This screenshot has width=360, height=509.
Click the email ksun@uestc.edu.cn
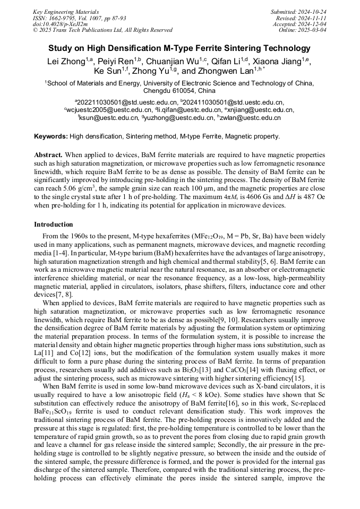pyautogui.click(x=109, y=118)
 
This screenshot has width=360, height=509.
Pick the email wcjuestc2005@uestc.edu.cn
pyautogui.click(x=109, y=110)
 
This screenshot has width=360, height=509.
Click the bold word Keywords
pyautogui.click(x=50, y=136)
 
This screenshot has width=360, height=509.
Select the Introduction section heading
pyautogui.click(x=54, y=225)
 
